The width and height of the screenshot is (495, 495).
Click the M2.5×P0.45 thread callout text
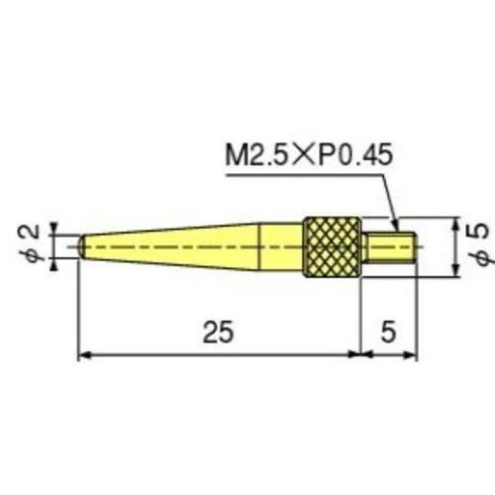310,155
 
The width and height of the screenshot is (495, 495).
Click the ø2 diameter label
31,243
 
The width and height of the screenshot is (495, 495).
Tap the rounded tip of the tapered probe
82,244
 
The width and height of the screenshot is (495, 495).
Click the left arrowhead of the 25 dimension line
83,355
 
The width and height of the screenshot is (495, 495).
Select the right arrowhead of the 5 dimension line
412,355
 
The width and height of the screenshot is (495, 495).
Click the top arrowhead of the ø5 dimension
454,221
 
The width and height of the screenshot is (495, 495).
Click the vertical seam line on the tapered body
259,244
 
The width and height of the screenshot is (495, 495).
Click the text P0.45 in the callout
355,155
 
